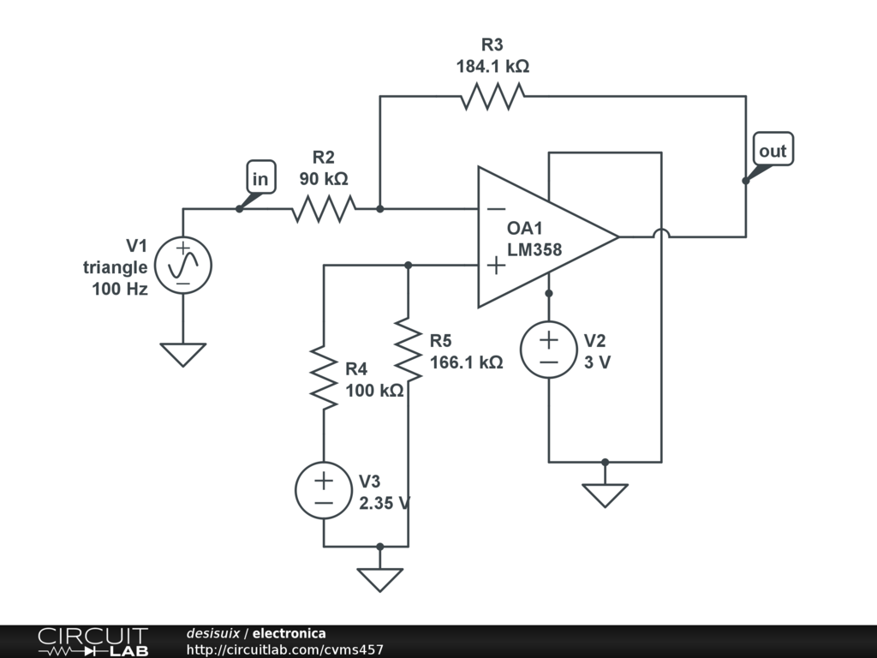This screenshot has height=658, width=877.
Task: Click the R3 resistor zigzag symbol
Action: point(492,96)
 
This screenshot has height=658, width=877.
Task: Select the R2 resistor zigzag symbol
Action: point(323,209)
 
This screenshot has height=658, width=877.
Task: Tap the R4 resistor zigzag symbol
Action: point(324,378)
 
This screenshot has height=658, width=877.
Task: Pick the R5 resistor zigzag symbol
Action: point(409,350)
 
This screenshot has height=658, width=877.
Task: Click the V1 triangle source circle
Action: point(183,266)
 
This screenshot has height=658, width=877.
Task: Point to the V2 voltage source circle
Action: point(549,350)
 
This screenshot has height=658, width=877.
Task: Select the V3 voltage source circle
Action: point(324,490)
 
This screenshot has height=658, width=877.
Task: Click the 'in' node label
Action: point(260,178)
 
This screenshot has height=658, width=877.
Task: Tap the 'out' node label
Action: point(773,150)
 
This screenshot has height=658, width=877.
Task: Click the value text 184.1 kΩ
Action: point(492,66)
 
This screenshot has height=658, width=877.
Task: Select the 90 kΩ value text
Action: point(323,178)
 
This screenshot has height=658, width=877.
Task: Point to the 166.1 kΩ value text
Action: point(467,362)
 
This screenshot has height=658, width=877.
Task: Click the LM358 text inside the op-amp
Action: point(534,249)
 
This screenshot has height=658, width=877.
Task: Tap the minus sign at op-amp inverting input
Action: point(496,209)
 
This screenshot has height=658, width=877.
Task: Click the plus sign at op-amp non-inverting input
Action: point(496,266)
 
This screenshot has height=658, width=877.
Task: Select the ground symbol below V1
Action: point(183,355)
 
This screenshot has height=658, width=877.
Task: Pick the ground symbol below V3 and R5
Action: point(379,580)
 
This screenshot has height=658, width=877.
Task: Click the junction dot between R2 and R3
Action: point(379,209)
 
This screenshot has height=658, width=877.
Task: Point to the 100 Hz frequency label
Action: point(120,289)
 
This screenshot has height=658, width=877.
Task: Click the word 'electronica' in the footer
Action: point(289,633)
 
